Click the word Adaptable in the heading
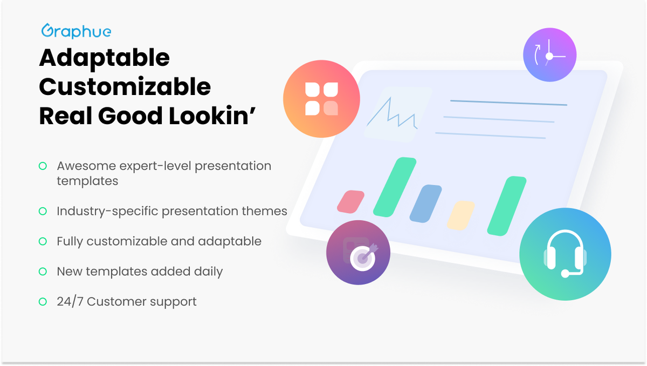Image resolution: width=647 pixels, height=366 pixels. pyautogui.click(x=104, y=58)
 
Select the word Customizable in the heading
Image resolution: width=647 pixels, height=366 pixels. pyautogui.click(x=125, y=87)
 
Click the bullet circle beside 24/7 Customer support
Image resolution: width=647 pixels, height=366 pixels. pyautogui.click(x=43, y=302)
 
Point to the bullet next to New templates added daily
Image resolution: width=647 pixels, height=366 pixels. pyautogui.click(x=43, y=272)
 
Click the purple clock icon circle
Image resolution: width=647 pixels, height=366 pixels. pyautogui.click(x=549, y=55)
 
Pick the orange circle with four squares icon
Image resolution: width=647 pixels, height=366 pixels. pyautogui.click(x=321, y=99)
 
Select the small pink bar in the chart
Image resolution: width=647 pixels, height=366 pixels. pyautogui.click(x=350, y=201)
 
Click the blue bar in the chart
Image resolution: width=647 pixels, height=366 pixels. pyautogui.click(x=425, y=204)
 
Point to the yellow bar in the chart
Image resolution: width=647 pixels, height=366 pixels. pyautogui.click(x=460, y=215)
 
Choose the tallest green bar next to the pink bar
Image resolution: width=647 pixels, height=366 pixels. pyautogui.click(x=395, y=187)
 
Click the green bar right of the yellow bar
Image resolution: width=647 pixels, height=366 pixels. pyautogui.click(x=507, y=206)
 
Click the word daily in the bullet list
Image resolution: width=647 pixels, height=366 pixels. pyautogui.click(x=208, y=272)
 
